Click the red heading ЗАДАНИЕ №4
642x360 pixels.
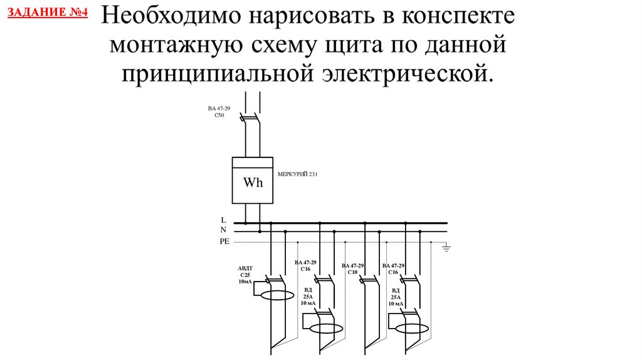click(x=48, y=13)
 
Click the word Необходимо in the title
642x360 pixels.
click(x=172, y=16)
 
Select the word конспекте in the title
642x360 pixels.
click(x=458, y=16)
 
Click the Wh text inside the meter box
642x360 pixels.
click(x=253, y=183)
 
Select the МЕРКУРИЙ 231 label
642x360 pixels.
click(x=297, y=174)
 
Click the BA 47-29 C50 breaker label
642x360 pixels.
click(x=219, y=112)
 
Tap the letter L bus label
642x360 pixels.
click(x=223, y=220)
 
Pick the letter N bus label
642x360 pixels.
click(x=223, y=230)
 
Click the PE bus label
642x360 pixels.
click(x=224, y=241)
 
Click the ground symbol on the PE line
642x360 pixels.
click(x=446, y=247)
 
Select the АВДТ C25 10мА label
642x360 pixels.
click(x=245, y=275)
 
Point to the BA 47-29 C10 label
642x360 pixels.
click(x=352, y=268)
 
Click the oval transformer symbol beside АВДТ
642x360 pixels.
click(x=278, y=295)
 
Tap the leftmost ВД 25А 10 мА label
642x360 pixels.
click(x=308, y=297)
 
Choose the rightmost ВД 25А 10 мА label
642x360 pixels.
click(x=396, y=297)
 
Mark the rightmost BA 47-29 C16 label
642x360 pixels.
click(x=393, y=268)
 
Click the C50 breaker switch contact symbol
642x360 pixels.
click(x=250, y=117)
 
